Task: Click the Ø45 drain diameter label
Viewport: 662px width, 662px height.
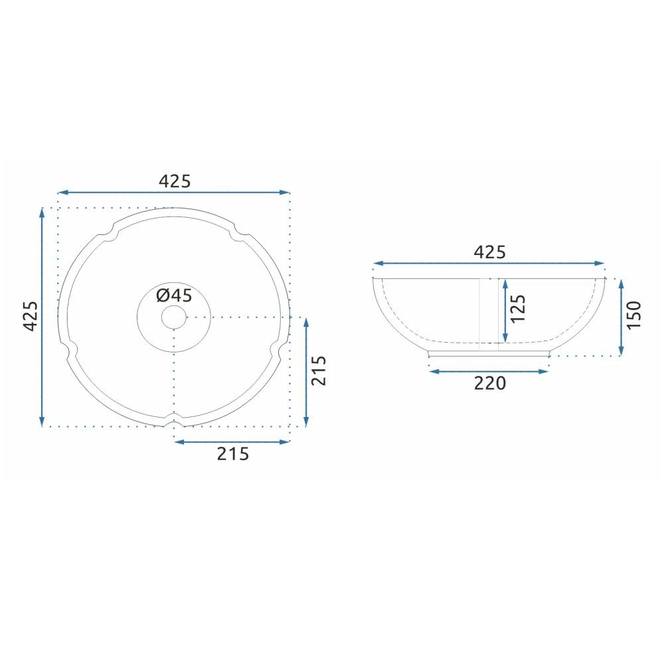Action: pyautogui.click(x=174, y=295)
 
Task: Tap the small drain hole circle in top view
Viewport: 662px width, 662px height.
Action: pyautogui.click(x=173, y=317)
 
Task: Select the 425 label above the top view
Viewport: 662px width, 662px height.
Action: pyautogui.click(x=175, y=181)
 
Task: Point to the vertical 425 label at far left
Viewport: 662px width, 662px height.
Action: pyautogui.click(x=31, y=316)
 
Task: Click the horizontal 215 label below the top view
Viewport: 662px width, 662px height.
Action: pyautogui.click(x=233, y=454)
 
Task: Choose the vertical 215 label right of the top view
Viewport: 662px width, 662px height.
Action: pyautogui.click(x=319, y=371)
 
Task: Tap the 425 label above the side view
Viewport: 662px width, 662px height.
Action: pyautogui.click(x=489, y=252)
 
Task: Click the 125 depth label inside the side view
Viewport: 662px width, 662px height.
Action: pyautogui.click(x=518, y=309)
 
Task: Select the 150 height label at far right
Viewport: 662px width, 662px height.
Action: pyautogui.click(x=633, y=315)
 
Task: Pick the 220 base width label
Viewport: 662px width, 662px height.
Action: pyautogui.click(x=489, y=383)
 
